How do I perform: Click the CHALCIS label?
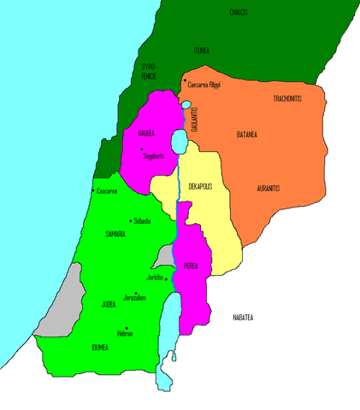240,12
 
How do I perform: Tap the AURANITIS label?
269,187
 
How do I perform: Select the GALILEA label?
147,134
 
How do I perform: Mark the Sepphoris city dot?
142,149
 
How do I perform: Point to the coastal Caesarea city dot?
93,190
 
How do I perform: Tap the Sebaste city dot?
129,220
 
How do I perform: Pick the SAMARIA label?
115,233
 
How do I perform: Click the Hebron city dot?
126,328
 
